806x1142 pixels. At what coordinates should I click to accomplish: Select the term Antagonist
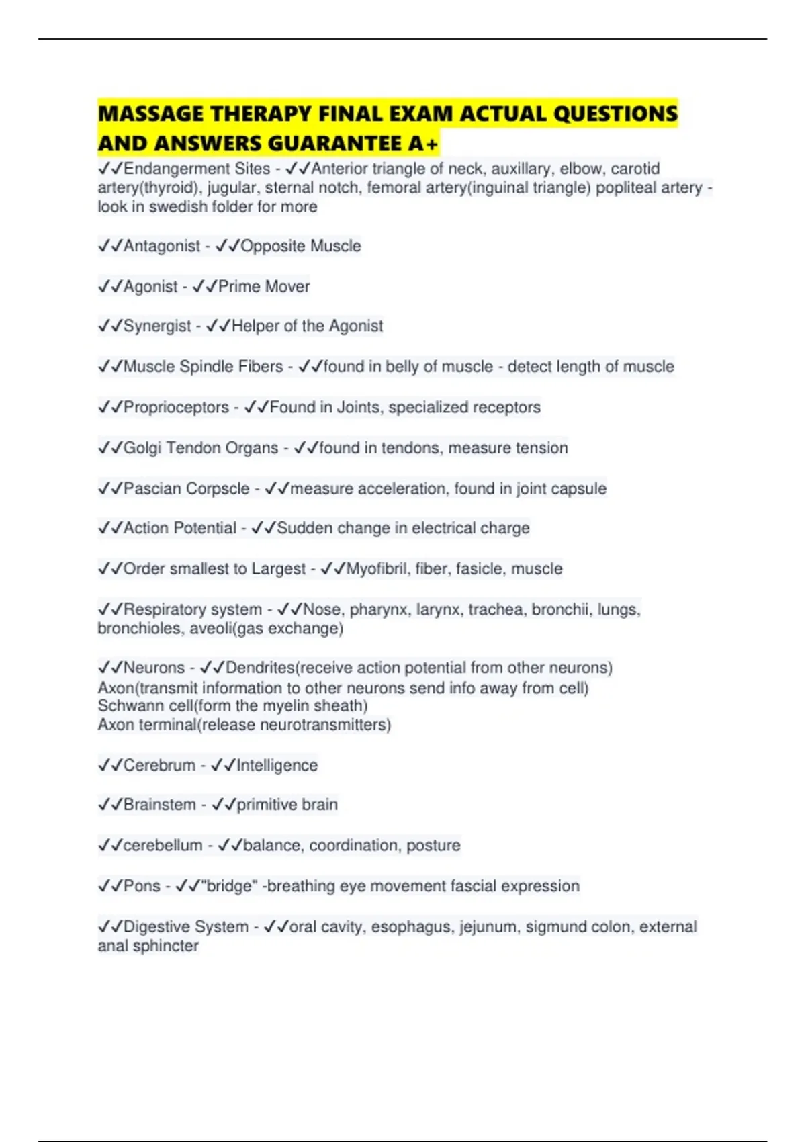[x=162, y=246]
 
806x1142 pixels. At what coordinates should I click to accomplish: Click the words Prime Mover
[x=264, y=286]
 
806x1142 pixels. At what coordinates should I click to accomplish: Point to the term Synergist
[x=157, y=326]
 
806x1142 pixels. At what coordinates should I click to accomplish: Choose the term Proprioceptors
[x=176, y=407]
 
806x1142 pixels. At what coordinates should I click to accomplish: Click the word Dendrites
[x=261, y=668]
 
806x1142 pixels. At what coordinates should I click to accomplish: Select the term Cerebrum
[x=159, y=765]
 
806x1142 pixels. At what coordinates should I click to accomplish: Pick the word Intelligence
[x=277, y=765]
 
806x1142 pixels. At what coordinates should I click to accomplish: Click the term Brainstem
[x=160, y=805]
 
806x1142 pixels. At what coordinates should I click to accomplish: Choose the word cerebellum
[x=163, y=845]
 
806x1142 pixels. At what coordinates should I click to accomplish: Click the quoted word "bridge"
[x=229, y=886]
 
